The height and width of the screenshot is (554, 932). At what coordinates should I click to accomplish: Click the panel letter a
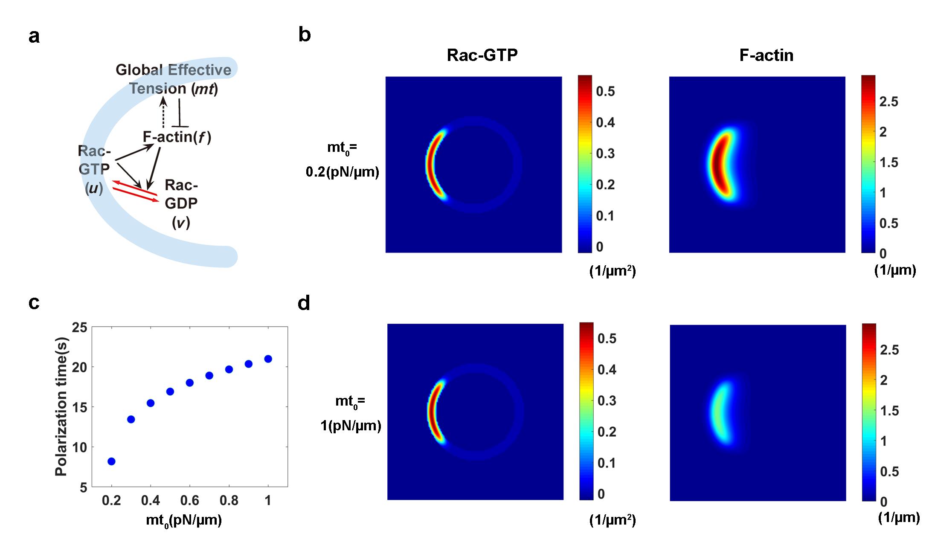click(34, 36)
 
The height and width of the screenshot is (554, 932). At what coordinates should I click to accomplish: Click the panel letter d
click(304, 303)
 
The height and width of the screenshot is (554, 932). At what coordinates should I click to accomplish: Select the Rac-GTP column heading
click(482, 55)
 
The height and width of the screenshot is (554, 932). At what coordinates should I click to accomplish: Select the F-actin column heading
click(766, 55)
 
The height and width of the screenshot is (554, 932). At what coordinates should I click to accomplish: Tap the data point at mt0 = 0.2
click(111, 461)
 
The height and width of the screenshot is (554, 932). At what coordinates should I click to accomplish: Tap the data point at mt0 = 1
click(268, 359)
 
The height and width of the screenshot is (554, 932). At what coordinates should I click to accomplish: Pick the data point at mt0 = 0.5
click(170, 391)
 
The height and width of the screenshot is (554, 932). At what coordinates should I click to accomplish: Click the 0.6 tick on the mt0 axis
click(190, 500)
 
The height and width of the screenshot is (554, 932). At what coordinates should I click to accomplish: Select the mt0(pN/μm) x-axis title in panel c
click(184, 521)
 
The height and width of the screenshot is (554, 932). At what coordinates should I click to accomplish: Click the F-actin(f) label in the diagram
click(177, 137)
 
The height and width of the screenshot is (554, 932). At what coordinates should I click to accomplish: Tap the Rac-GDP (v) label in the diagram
click(181, 203)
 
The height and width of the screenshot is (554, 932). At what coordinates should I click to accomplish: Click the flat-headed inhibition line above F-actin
click(180, 113)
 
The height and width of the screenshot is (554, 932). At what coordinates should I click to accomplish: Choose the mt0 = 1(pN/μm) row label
click(351, 413)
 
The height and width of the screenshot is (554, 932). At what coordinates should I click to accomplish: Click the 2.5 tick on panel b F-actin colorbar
click(888, 102)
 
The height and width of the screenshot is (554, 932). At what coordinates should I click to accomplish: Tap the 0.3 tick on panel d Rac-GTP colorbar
click(607, 400)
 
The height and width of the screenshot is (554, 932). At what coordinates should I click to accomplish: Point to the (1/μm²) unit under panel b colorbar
click(613, 271)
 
